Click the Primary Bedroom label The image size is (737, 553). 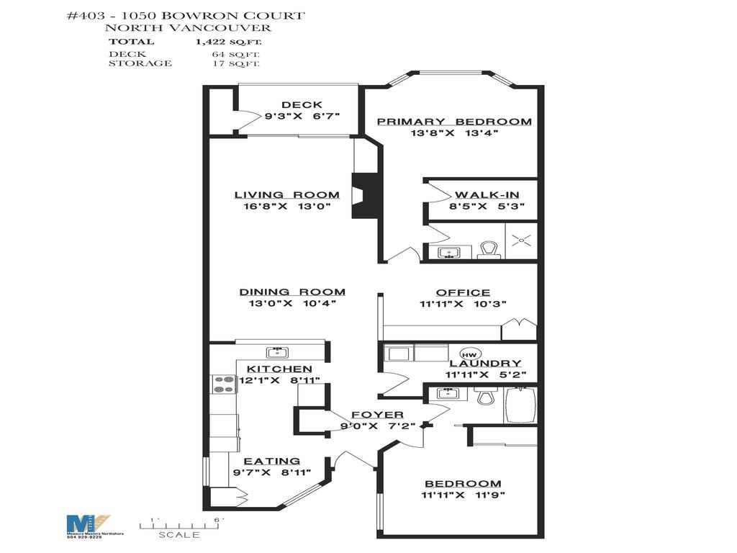click(x=454, y=122)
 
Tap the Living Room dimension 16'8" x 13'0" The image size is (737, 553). click(x=286, y=207)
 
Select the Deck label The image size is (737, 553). click(x=302, y=104)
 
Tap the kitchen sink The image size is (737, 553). click(x=276, y=352)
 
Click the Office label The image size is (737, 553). click(x=463, y=292)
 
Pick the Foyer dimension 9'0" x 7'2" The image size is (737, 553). click(x=376, y=426)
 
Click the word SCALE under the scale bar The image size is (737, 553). click(x=180, y=535)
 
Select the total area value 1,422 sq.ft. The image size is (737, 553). click(x=227, y=42)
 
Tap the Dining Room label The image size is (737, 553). click(x=292, y=292)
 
